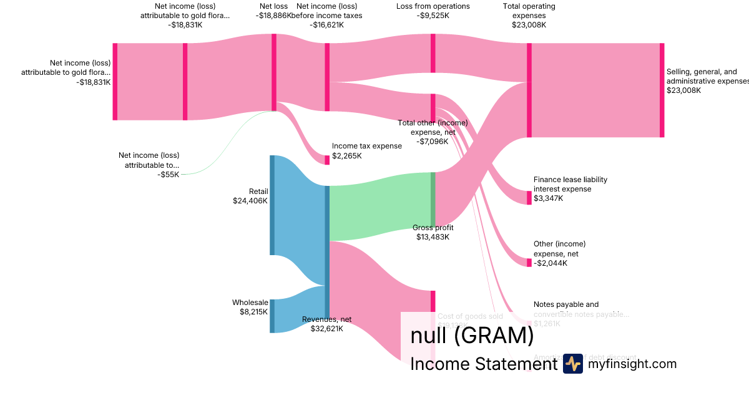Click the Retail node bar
272,205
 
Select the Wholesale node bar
272,316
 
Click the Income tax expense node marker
327,160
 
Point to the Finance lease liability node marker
529,198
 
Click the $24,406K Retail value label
250,201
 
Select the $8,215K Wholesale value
253,311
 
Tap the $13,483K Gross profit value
433,237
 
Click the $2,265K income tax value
346,156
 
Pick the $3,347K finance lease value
548,198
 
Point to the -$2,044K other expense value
551,263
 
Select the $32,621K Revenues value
326,328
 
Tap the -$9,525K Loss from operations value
433,16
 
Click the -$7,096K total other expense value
433,141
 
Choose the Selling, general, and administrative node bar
662,90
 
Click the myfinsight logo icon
573,364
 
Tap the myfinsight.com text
632,364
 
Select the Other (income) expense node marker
529,263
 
